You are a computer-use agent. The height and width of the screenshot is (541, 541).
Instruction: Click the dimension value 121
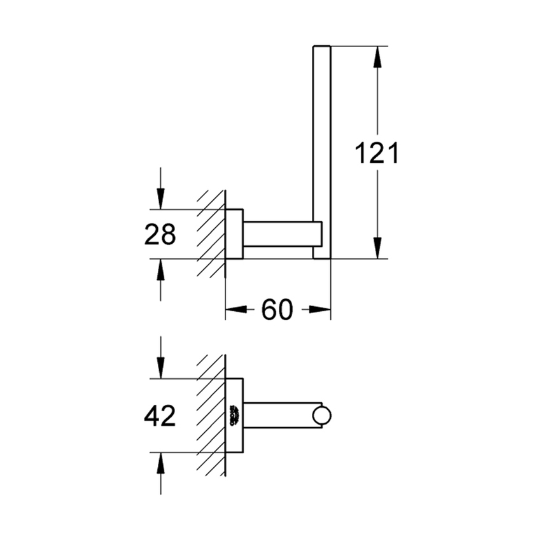(x=377, y=153)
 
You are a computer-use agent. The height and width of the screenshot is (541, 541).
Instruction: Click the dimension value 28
(x=160, y=235)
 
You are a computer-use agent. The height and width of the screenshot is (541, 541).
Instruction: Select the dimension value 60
(x=277, y=310)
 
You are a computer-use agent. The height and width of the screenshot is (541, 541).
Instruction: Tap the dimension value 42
(x=160, y=416)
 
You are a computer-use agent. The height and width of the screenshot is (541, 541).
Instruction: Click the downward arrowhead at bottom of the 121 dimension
(x=377, y=248)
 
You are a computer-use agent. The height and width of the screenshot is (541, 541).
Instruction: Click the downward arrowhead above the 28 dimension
(x=160, y=198)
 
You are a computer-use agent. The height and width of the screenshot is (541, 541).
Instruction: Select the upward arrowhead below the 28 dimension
(x=160, y=270)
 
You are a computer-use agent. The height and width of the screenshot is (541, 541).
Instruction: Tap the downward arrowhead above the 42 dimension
(x=160, y=368)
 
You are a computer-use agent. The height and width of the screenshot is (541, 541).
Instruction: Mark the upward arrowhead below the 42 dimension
(x=160, y=463)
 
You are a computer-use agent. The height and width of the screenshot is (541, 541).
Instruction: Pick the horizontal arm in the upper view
(x=280, y=234)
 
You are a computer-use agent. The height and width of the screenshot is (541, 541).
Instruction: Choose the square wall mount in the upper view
(x=234, y=234)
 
